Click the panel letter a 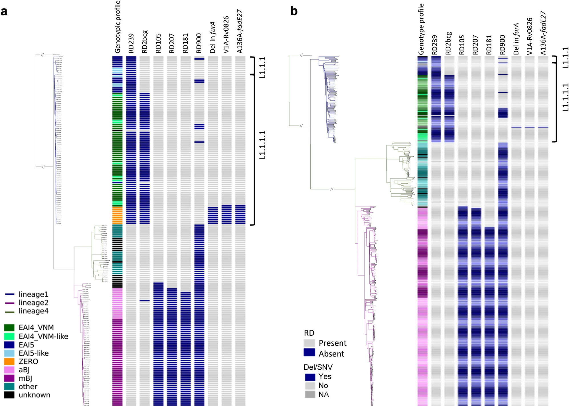tap(4, 12)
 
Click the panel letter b tap(294, 11)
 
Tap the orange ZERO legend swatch tap(9, 361)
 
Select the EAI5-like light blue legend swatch tap(9, 353)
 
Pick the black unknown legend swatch tap(9, 395)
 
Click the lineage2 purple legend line tap(10, 303)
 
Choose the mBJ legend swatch tap(9, 378)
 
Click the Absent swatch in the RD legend tap(309, 353)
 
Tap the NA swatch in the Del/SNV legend tap(310, 394)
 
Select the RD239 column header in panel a tap(131, 43)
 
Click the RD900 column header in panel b tap(503, 44)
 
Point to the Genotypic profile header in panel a tap(118, 27)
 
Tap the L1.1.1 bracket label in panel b tap(565, 57)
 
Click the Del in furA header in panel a tap(212, 37)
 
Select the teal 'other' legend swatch tap(9, 387)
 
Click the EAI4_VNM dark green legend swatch tap(9, 327)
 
